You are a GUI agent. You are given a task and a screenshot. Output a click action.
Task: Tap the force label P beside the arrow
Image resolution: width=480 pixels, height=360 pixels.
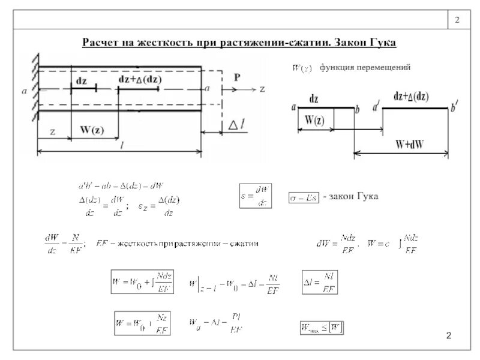click(x=238, y=77)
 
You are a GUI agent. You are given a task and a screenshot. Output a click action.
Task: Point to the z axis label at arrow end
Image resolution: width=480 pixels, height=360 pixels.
click(x=262, y=89)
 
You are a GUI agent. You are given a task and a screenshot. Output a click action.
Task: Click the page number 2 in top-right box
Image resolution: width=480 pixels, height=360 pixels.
click(x=457, y=21)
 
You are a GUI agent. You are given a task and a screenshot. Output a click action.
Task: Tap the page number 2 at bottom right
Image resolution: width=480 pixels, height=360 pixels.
click(x=448, y=334)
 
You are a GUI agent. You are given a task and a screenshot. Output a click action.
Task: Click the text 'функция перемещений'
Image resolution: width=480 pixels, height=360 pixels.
click(x=365, y=68)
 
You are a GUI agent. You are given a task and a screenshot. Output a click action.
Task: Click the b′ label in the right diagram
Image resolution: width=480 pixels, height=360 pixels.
click(x=454, y=108)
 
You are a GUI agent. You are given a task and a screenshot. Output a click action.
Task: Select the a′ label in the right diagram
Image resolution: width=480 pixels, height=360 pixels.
click(x=376, y=108)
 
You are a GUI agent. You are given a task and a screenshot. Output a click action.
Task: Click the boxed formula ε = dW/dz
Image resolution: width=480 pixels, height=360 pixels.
click(x=256, y=196)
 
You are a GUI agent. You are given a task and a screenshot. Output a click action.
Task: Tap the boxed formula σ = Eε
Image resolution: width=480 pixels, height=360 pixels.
click(x=304, y=197)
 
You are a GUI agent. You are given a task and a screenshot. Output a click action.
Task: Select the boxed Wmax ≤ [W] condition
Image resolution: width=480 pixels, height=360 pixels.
click(x=322, y=328)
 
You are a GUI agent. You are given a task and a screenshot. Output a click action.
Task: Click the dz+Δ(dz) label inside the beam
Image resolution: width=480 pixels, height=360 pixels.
click(x=140, y=79)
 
